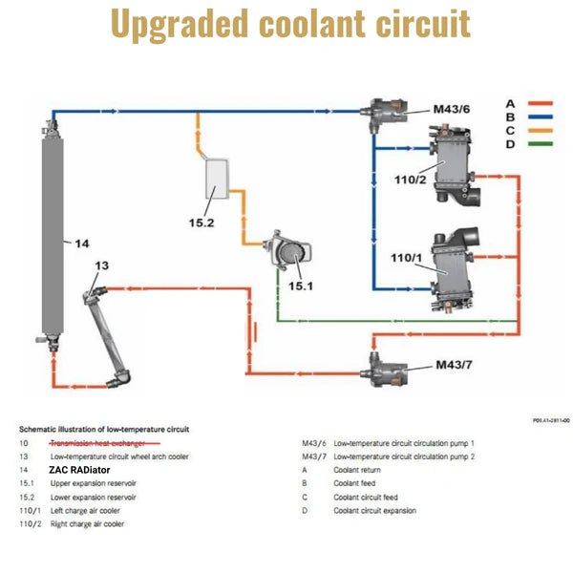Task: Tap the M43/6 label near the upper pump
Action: click(x=452, y=109)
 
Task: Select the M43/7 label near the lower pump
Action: click(x=455, y=364)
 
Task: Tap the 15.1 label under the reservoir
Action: click(x=301, y=285)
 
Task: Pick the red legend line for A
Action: click(x=541, y=103)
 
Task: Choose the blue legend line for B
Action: click(x=541, y=117)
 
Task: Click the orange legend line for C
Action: click(x=541, y=130)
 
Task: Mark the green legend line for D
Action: click(x=541, y=144)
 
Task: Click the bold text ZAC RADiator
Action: click(x=79, y=470)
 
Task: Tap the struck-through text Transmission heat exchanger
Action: click(x=97, y=443)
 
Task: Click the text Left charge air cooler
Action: click(x=86, y=511)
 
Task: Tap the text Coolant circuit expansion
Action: click(x=375, y=511)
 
